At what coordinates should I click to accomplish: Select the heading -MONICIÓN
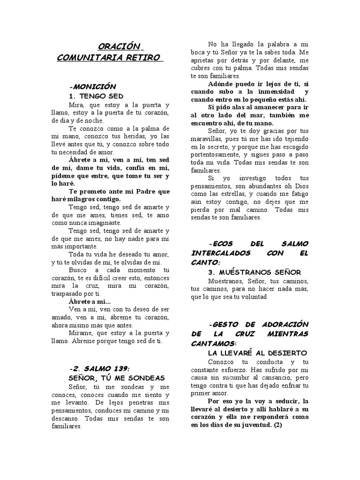(x=92, y=87)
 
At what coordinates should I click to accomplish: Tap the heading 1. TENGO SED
(x=96, y=96)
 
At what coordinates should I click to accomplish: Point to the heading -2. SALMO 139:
(x=99, y=368)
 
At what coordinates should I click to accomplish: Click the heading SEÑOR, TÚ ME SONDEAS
(x=116, y=378)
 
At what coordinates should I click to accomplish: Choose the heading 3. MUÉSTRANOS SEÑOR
(x=254, y=272)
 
